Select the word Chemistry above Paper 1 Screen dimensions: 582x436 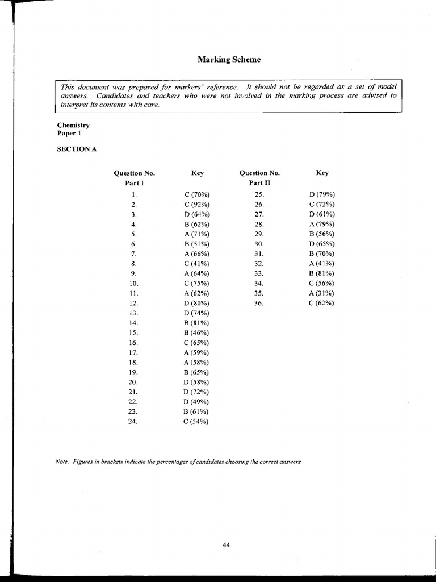click(x=73, y=125)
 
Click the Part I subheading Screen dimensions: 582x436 click(x=135, y=183)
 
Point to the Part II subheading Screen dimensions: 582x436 click(x=259, y=183)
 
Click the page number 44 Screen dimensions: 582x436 click(x=226, y=545)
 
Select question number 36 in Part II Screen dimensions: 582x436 click(x=259, y=303)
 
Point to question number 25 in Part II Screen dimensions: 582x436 click(x=259, y=194)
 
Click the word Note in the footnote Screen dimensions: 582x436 click(x=62, y=462)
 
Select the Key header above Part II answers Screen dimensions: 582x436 click(x=322, y=173)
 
